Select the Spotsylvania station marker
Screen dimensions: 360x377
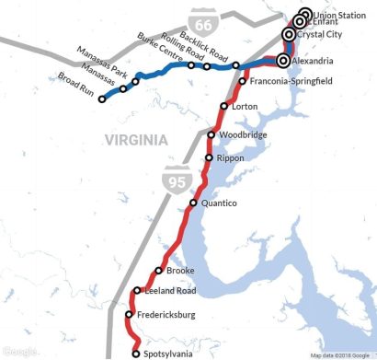click(136, 353)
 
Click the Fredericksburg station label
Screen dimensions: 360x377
click(170, 316)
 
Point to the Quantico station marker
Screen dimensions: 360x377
click(193, 203)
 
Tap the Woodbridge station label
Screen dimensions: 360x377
click(244, 135)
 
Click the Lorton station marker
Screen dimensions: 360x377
click(224, 107)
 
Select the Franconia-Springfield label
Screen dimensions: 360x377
click(292, 81)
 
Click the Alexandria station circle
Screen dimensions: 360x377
click(282, 61)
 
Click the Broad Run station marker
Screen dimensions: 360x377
click(103, 99)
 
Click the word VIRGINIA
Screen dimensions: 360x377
click(136, 141)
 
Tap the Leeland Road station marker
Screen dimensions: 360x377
click(136, 291)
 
